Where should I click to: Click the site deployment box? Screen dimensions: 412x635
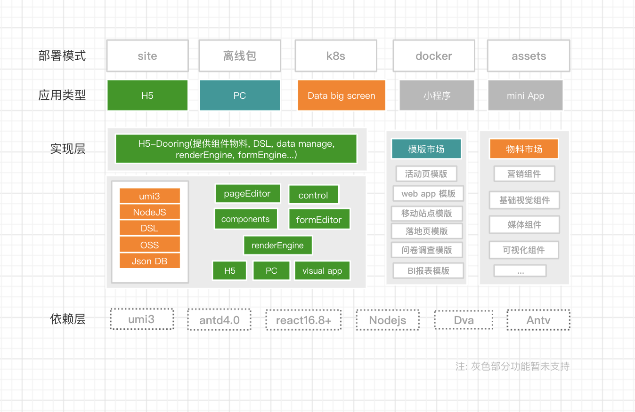(147, 56)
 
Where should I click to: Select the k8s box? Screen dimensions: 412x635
(335, 56)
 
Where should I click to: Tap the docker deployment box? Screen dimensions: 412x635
(433, 56)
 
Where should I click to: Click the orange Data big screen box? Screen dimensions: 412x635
(341, 95)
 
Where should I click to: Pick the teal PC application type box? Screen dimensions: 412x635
(239, 95)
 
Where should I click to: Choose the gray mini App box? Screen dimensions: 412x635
(525, 95)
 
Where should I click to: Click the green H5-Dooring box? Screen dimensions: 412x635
(236, 149)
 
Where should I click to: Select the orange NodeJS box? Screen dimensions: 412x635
(149, 212)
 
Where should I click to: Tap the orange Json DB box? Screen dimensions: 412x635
(149, 261)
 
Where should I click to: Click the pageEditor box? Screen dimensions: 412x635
(247, 193)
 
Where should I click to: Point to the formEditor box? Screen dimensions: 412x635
(319, 219)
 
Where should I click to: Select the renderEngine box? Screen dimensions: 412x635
(277, 245)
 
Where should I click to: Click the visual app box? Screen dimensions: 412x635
(322, 270)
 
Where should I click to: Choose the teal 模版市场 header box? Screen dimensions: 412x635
(426, 149)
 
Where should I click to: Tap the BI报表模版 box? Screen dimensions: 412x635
(428, 270)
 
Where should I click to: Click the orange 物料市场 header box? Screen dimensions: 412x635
(524, 149)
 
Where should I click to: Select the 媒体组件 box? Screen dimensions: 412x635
(524, 224)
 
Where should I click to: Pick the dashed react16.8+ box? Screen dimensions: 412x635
(303, 320)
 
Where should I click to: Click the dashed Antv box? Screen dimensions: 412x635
(538, 320)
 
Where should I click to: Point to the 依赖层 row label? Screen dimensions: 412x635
(68, 319)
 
